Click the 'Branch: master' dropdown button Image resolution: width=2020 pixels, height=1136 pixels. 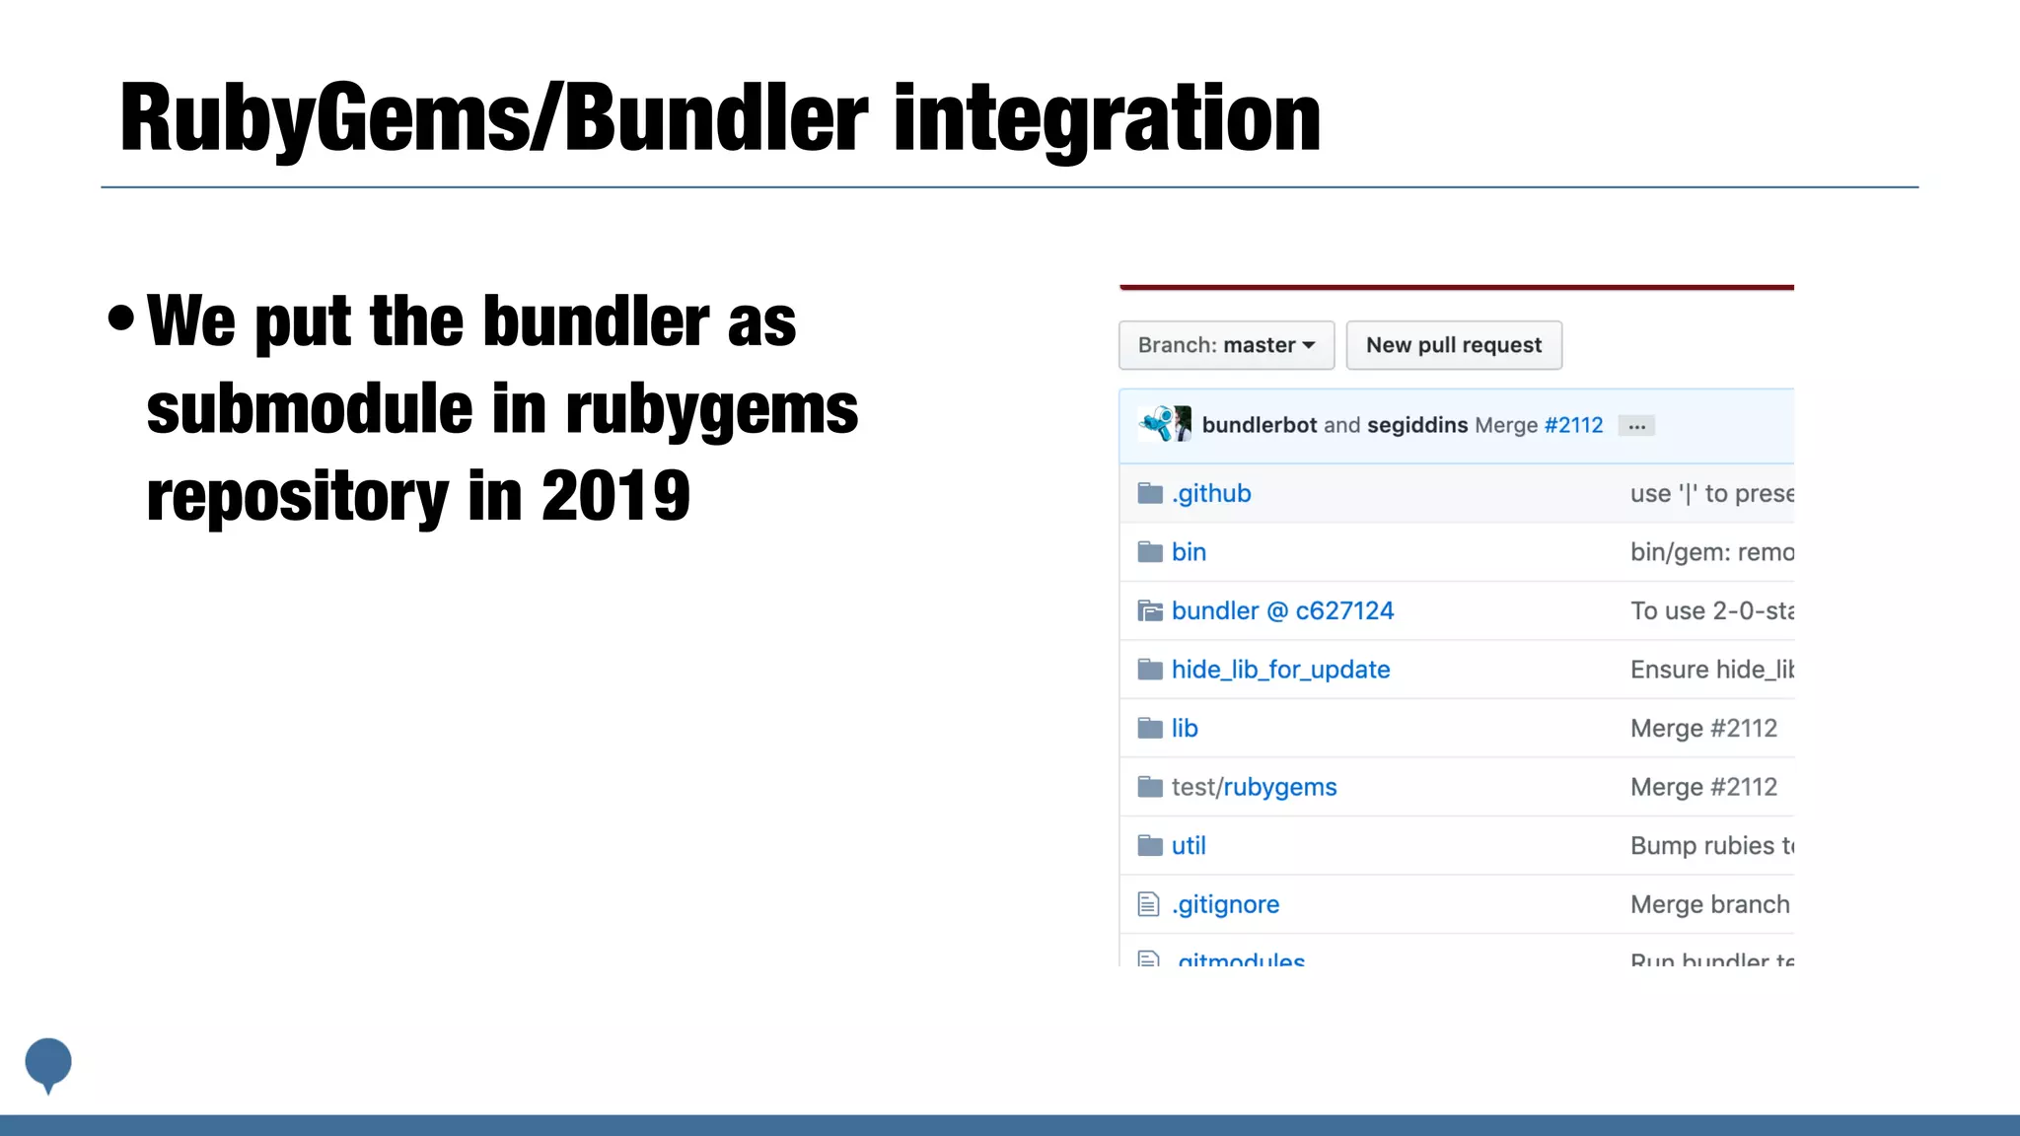coord(1226,345)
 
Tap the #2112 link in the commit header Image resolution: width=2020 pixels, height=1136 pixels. coord(1573,425)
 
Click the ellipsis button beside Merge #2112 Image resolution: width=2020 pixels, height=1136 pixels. coord(1636,426)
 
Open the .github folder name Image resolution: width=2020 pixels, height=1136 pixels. coord(1211,493)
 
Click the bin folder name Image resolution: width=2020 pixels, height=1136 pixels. coord(1189,552)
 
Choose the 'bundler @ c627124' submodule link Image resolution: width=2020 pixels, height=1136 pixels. coord(1282,610)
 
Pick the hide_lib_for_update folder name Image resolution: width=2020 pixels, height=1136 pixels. coord(1280,670)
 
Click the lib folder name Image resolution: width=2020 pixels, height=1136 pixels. coord(1185,728)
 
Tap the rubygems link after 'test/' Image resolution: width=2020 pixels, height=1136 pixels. coord(1280,787)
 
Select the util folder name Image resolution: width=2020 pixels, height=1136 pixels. coord(1189,845)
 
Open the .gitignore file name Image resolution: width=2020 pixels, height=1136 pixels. coord(1225,904)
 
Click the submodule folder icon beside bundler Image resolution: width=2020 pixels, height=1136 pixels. coord(1150,610)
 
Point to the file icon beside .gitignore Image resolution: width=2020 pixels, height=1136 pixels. coord(1148,904)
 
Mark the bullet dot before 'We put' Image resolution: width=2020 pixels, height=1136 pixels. coord(121,318)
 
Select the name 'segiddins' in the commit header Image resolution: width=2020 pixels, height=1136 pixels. coord(1417,425)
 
